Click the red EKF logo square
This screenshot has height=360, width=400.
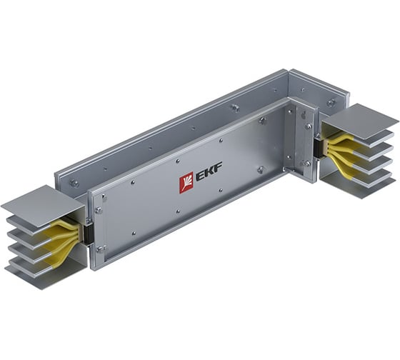click(x=186, y=184)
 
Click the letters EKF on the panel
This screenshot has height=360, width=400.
click(x=209, y=176)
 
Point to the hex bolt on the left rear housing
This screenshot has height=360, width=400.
click(x=74, y=184)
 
